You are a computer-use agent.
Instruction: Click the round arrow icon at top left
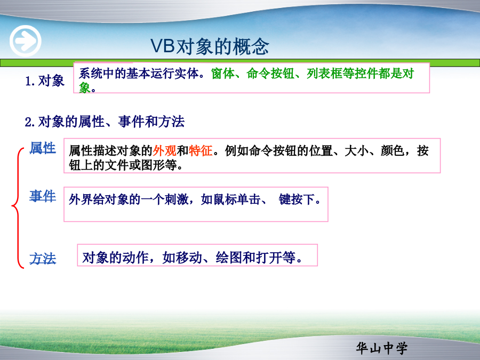click(26, 41)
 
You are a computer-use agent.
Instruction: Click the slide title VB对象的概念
click(210, 47)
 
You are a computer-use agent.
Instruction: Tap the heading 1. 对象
click(45, 81)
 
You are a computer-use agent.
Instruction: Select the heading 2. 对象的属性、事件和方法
click(105, 122)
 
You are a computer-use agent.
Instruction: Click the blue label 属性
click(43, 148)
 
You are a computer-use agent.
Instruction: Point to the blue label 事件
click(43, 196)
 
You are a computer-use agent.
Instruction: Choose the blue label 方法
click(43, 259)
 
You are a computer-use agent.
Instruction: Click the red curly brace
click(18, 208)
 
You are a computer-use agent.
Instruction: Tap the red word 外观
click(165, 150)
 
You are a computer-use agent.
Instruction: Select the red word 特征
click(201, 150)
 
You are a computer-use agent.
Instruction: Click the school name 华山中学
click(382, 348)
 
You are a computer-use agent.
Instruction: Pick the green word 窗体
click(223, 74)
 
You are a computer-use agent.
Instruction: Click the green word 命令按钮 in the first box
click(270, 74)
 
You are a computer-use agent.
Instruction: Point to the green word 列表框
click(324, 74)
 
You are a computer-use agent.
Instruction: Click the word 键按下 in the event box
click(297, 199)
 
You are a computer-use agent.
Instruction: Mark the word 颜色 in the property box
click(393, 150)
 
